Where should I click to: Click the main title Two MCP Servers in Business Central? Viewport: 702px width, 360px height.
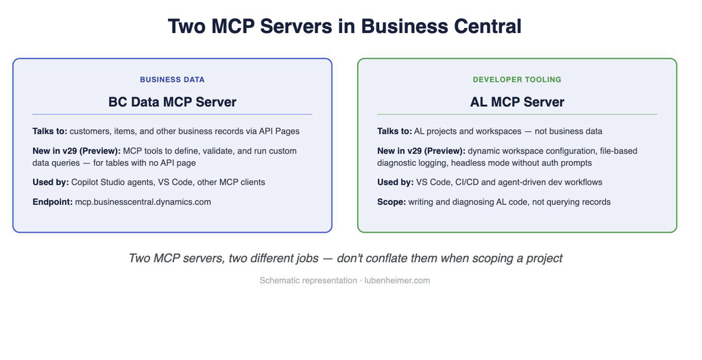point(344,26)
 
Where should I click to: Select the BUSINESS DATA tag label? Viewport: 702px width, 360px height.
point(172,80)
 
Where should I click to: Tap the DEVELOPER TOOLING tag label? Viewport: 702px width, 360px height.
point(517,80)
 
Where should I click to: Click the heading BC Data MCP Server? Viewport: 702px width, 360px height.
point(172,101)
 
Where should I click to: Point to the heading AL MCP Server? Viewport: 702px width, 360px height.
point(517,101)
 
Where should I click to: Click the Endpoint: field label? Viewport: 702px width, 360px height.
point(52,202)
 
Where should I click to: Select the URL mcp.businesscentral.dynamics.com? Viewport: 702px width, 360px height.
point(143,202)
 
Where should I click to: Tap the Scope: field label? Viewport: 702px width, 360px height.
point(391,202)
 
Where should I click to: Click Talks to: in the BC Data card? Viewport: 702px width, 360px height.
point(49,131)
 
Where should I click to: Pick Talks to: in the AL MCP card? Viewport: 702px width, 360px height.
point(394,131)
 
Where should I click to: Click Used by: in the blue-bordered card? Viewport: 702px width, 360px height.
point(51,182)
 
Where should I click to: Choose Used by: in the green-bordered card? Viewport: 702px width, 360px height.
point(396,182)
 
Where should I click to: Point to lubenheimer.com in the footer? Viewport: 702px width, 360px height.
point(397,280)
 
